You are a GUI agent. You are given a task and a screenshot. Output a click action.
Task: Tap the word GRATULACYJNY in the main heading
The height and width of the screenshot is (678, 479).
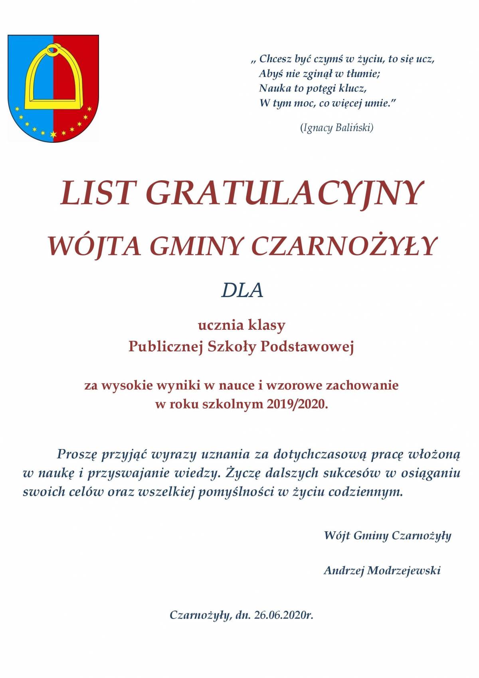[x=284, y=193]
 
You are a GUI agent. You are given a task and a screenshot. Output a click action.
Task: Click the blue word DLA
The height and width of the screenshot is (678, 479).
[x=242, y=291]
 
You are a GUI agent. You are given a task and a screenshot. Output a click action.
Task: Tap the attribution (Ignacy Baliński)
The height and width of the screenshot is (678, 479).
[x=336, y=128]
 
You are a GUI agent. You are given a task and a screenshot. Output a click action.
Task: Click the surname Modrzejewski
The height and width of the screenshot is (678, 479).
[x=404, y=570]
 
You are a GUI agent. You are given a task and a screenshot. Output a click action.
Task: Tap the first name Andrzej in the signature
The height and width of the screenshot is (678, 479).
[x=344, y=570]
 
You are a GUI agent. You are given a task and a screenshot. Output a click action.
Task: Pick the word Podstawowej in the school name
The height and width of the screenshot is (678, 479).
[x=307, y=347]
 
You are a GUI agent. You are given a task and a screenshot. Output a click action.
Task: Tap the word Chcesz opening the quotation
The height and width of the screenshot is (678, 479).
[x=275, y=59]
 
